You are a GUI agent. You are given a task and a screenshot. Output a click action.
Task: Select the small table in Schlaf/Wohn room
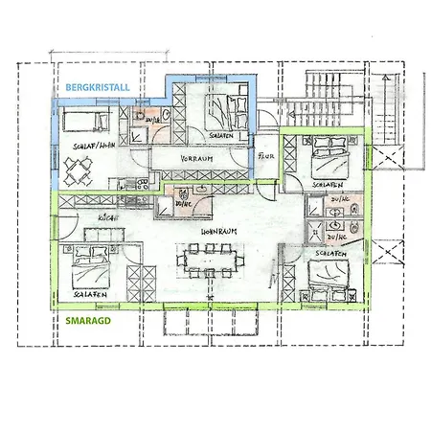click(78, 170)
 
